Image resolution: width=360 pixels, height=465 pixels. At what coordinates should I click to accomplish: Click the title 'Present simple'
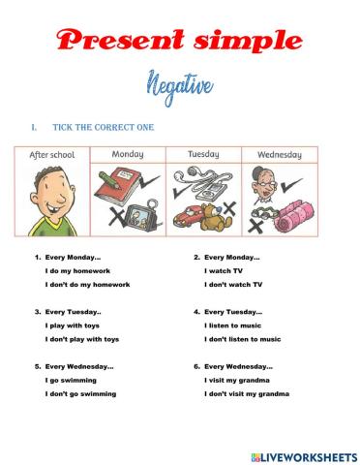pos(179,41)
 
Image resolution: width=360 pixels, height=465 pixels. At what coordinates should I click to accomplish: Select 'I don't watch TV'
pos(232,285)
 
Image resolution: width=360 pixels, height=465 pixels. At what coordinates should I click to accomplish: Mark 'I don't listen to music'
pos(242,339)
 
